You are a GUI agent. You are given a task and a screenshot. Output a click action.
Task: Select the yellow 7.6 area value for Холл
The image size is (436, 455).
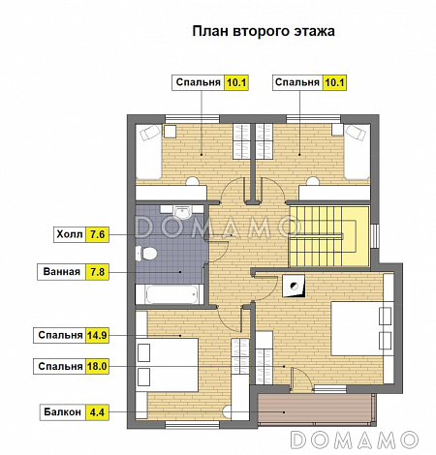(98, 233)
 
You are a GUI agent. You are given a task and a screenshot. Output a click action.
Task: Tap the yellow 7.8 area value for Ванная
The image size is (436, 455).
(98, 272)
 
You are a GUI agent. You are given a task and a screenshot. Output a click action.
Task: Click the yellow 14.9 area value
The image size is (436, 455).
(98, 336)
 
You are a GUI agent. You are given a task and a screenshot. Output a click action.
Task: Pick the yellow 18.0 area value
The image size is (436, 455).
(98, 367)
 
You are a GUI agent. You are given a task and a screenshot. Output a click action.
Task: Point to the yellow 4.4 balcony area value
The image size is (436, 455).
(98, 410)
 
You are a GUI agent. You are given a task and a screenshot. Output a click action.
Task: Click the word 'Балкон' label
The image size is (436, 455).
(62, 410)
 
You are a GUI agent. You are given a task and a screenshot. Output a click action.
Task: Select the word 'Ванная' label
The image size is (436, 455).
(61, 272)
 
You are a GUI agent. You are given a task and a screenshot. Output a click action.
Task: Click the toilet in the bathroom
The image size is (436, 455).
(149, 254)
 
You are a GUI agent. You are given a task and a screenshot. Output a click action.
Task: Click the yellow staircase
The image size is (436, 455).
(329, 235)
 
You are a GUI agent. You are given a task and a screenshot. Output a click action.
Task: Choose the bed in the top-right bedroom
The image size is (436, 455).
(357, 152)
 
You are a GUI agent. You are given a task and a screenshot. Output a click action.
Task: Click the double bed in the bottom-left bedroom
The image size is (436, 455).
(167, 362)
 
